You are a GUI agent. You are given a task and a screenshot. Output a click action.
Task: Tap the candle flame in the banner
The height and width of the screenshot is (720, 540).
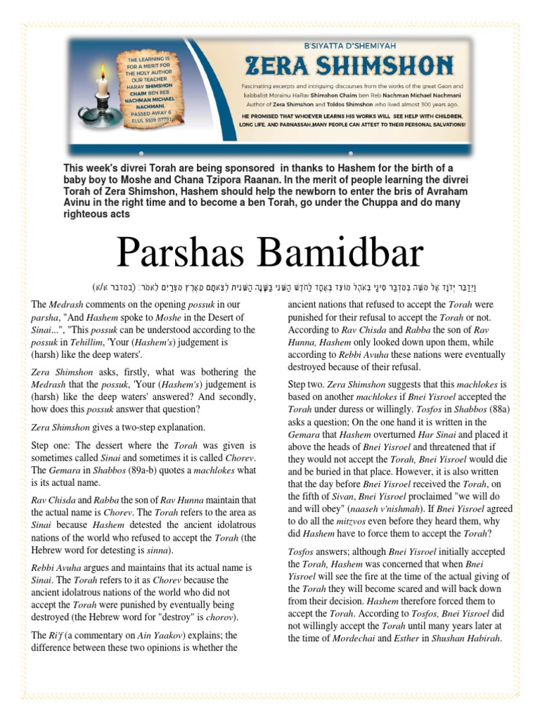102,72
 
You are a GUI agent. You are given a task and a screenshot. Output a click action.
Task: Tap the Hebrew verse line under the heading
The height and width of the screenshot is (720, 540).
269,287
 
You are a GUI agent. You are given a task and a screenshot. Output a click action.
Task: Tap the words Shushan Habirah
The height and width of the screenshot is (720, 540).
459,638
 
